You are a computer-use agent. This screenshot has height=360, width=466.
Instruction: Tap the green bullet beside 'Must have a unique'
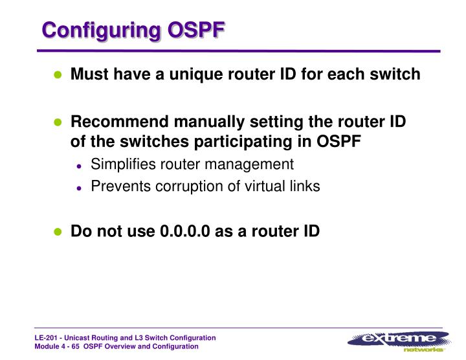(x=58, y=75)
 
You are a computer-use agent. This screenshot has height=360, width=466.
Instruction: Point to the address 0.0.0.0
(x=184, y=231)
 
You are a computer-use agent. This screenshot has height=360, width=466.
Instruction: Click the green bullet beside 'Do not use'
(x=58, y=232)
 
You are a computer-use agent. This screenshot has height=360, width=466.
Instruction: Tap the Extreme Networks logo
(x=398, y=341)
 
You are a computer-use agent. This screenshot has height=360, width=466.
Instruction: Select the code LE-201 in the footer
(x=46, y=339)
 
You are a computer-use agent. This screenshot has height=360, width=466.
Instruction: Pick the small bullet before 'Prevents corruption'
(x=79, y=188)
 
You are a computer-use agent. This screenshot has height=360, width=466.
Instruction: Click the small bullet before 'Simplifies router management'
(x=79, y=166)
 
